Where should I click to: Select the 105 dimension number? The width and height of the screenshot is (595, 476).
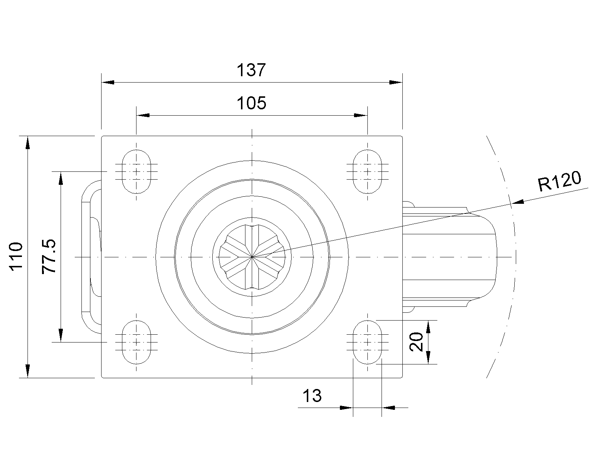[x=251, y=103]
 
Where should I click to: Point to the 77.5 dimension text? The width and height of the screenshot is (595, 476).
[x=49, y=256]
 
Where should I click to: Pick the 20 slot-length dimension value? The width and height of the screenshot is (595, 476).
[x=416, y=342]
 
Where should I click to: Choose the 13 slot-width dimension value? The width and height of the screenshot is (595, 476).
[x=312, y=396]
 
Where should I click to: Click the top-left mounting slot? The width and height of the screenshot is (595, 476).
[x=136, y=171]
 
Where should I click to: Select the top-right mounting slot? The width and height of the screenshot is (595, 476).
[x=367, y=171]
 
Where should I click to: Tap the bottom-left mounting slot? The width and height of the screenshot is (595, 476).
[x=136, y=342]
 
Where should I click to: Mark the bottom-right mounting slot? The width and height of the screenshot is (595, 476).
[x=367, y=342]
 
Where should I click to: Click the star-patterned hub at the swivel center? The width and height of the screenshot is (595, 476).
[x=252, y=257]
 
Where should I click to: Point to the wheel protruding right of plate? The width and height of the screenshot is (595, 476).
[x=449, y=257]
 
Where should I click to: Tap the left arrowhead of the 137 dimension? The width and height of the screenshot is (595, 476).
[x=108, y=82]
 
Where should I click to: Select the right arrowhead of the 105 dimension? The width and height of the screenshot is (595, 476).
[x=361, y=115]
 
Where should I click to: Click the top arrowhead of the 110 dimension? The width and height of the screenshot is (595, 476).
[x=28, y=143]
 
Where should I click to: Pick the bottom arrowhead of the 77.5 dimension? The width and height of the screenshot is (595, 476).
[x=61, y=335]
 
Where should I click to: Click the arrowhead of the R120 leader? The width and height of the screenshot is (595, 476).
[x=518, y=202]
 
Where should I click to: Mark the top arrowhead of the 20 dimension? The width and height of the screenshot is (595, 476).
[x=428, y=327]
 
